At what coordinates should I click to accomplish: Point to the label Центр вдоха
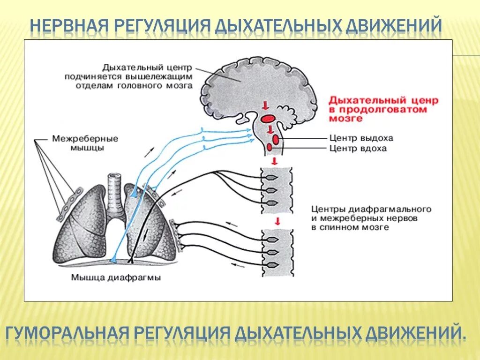[358, 148]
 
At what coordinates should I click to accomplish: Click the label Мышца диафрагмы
[116, 277]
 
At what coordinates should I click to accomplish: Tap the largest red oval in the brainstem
[268, 119]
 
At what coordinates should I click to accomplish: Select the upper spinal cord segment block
[277, 190]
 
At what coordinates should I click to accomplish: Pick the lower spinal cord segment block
[277, 252]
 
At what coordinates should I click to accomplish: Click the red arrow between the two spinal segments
[277, 221]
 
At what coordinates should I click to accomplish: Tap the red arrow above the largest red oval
[266, 104]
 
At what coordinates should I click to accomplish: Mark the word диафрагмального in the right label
[395, 209]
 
